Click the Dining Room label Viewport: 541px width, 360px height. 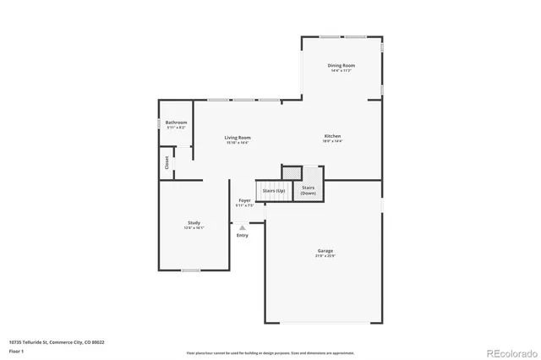[x=342, y=65]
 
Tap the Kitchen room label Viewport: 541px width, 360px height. [x=333, y=137]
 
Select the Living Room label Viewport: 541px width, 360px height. [x=238, y=138]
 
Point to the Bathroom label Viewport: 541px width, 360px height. [x=177, y=123]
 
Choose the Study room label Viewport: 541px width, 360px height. [x=194, y=223]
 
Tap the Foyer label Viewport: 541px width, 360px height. [x=244, y=200]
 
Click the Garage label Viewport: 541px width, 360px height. [x=325, y=250]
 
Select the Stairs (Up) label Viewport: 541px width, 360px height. [x=274, y=191]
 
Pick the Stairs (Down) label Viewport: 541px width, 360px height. [x=309, y=190]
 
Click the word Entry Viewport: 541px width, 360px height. [x=243, y=235]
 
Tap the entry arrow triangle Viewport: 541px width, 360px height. [x=243, y=226]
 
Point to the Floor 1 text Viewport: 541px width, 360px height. [x=17, y=350]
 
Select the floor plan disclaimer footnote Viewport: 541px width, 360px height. [x=270, y=352]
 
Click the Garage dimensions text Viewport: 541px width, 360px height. [x=325, y=255]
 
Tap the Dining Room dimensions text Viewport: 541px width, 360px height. [x=342, y=70]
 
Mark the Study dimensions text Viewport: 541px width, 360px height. [x=194, y=228]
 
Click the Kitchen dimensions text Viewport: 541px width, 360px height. [x=333, y=142]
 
